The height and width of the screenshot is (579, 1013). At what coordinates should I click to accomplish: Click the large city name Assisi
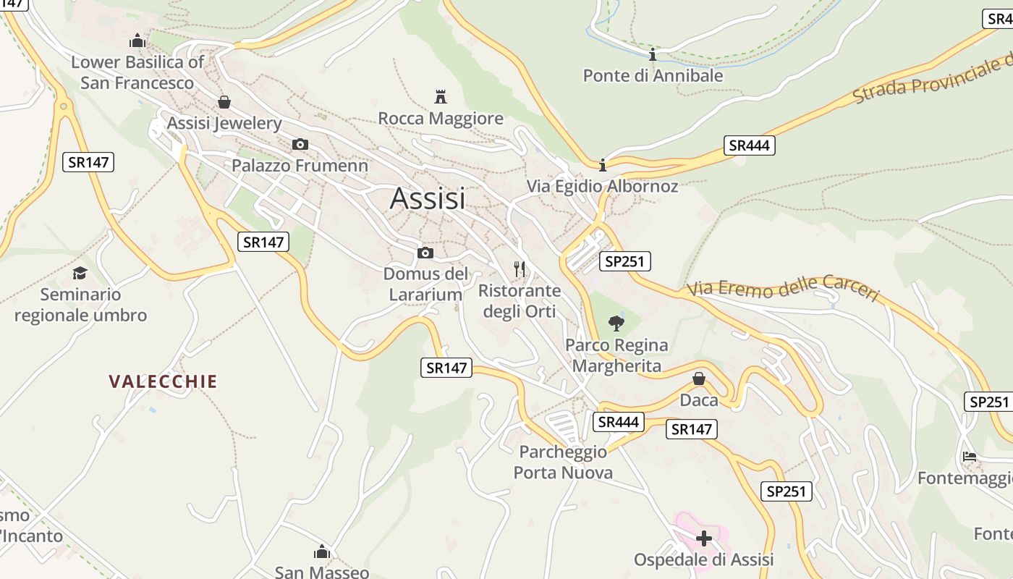pyautogui.click(x=428, y=198)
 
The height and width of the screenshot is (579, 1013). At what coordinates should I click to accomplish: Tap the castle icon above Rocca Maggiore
pyautogui.click(x=440, y=96)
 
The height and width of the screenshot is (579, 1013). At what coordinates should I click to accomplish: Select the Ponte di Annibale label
pyautogui.click(x=653, y=75)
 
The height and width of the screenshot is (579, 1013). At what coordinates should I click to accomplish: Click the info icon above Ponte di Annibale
pyautogui.click(x=653, y=54)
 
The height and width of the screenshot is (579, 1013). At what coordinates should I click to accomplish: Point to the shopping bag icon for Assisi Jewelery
pyautogui.click(x=224, y=102)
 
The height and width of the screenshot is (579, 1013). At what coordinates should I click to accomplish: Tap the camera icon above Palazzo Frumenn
pyautogui.click(x=300, y=144)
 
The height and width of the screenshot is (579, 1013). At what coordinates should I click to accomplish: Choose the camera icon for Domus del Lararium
pyautogui.click(x=425, y=253)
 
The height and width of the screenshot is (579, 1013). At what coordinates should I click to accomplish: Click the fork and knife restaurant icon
pyautogui.click(x=519, y=269)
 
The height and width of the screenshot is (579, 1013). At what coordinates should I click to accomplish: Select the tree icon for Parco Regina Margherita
pyautogui.click(x=616, y=323)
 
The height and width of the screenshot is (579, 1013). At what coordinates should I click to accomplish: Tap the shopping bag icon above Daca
pyautogui.click(x=699, y=379)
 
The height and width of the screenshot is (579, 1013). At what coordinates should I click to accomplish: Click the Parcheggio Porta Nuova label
pyautogui.click(x=563, y=462)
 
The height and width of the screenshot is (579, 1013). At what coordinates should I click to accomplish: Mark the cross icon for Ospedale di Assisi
pyautogui.click(x=703, y=538)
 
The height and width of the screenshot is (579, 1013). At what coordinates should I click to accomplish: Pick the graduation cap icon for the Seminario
pyautogui.click(x=80, y=273)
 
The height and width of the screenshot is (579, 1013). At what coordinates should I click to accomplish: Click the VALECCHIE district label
pyautogui.click(x=163, y=381)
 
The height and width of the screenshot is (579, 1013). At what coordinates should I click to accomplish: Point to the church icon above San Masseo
pyautogui.click(x=322, y=551)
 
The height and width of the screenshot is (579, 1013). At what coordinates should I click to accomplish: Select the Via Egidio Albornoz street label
pyautogui.click(x=602, y=186)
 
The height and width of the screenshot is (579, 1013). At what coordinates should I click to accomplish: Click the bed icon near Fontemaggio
pyautogui.click(x=970, y=456)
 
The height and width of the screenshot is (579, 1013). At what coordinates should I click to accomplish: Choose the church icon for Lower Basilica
pyautogui.click(x=137, y=41)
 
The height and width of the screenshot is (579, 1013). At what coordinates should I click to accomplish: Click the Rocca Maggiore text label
pyautogui.click(x=441, y=118)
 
